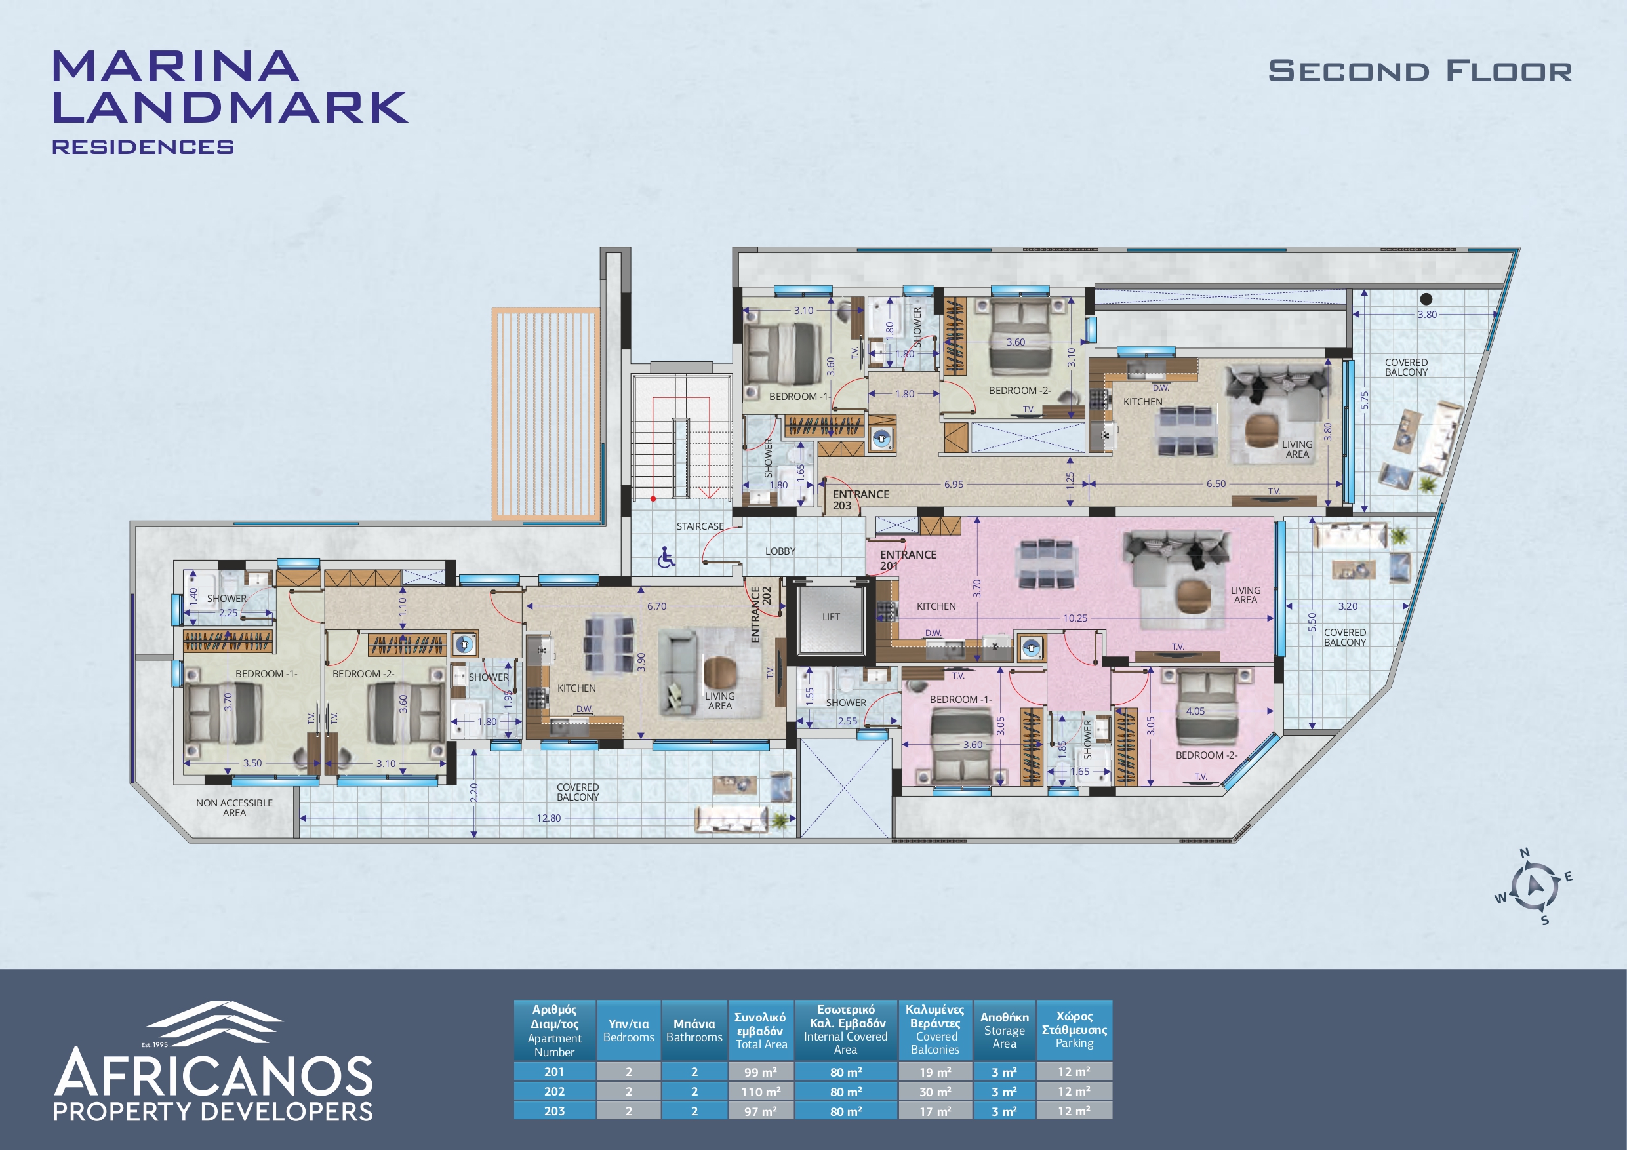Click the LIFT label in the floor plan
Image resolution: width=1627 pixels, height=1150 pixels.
832,617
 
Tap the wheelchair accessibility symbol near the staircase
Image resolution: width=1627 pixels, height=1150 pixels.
666,558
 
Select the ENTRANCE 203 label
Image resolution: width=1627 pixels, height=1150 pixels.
860,500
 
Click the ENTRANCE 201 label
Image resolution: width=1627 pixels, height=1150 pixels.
908,560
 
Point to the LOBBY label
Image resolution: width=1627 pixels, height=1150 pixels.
780,551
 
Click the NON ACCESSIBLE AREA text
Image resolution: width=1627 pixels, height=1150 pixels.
235,808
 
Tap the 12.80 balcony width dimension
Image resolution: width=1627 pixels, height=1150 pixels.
548,818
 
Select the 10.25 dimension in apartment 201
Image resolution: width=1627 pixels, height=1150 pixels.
1075,618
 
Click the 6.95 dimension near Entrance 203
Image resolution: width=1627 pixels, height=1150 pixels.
954,485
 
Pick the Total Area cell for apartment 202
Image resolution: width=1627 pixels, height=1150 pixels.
761,1092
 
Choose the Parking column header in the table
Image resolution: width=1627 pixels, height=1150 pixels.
1074,1029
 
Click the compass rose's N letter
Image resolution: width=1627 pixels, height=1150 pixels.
1524,853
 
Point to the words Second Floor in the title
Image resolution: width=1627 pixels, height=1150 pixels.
1420,71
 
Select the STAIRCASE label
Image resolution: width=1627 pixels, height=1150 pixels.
700,526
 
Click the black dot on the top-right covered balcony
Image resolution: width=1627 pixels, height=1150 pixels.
1426,299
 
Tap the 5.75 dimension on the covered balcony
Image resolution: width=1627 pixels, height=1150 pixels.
1364,401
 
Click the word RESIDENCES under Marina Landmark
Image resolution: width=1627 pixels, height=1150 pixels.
143,148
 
